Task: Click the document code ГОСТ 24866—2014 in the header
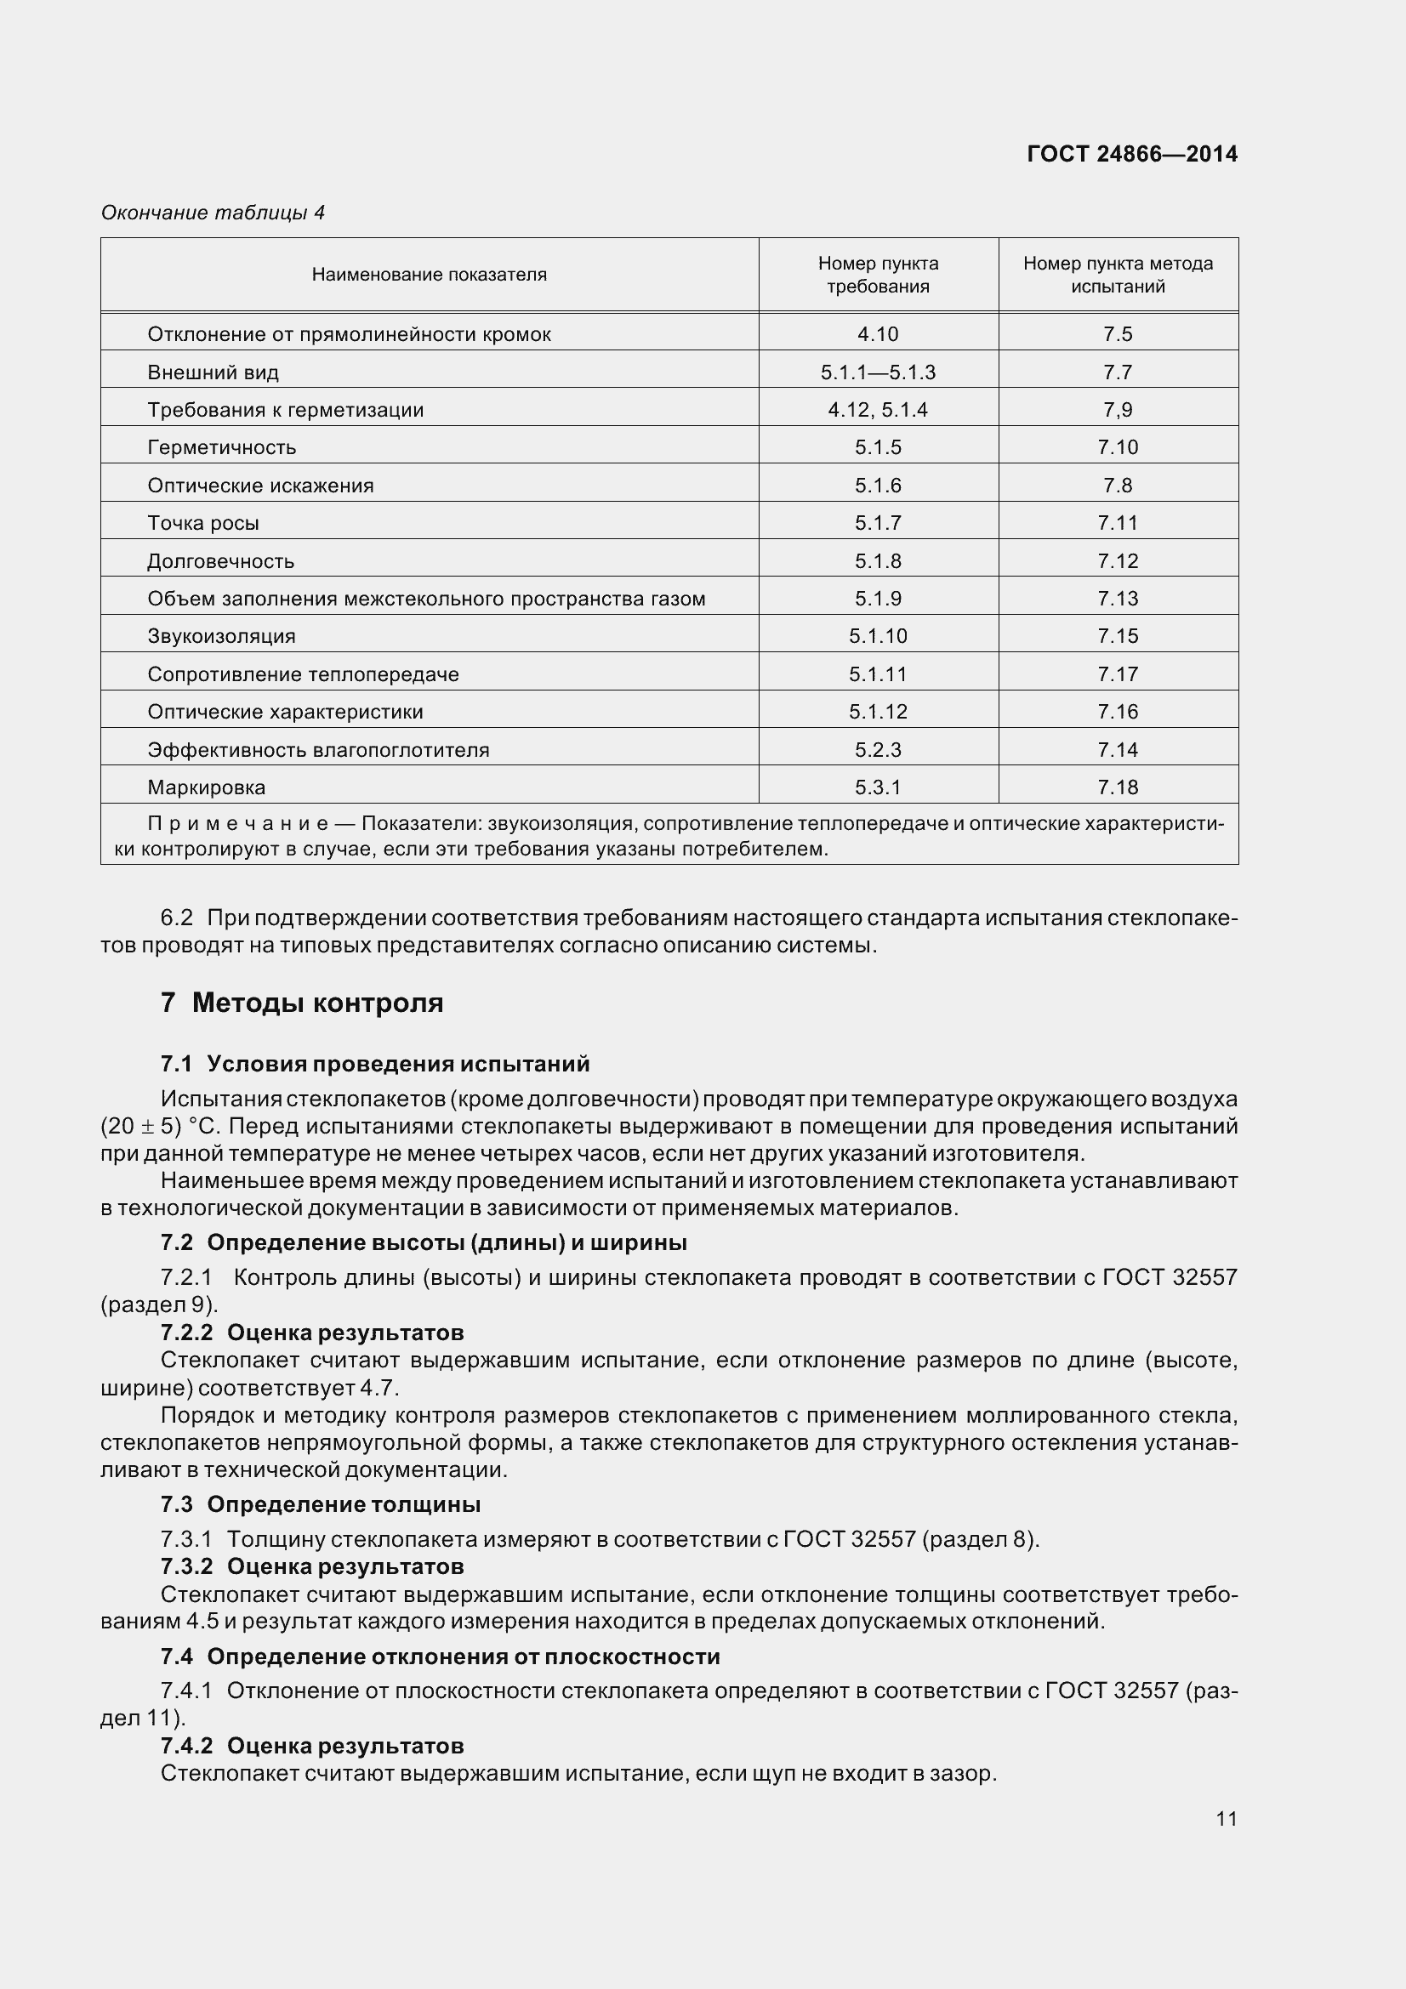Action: tap(1131, 154)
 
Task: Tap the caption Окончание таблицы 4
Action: tap(213, 213)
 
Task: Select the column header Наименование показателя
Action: tap(429, 275)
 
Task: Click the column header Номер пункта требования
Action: tap(878, 275)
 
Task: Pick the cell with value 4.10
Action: tap(878, 334)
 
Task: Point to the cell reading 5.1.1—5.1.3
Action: tap(878, 372)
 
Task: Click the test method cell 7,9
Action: tap(1118, 410)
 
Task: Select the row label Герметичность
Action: tap(222, 448)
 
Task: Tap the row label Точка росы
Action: tap(203, 523)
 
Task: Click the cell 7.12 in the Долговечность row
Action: tap(1118, 561)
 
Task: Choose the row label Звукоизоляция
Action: tap(222, 637)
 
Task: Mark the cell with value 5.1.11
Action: tap(878, 674)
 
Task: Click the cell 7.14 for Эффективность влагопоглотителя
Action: tap(1118, 750)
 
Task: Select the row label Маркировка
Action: tap(207, 788)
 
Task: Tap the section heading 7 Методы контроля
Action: tap(301, 1003)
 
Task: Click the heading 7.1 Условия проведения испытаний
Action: tap(375, 1064)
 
